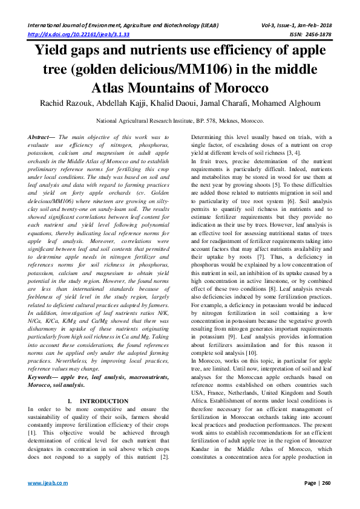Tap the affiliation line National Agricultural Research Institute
tap(180, 121)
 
